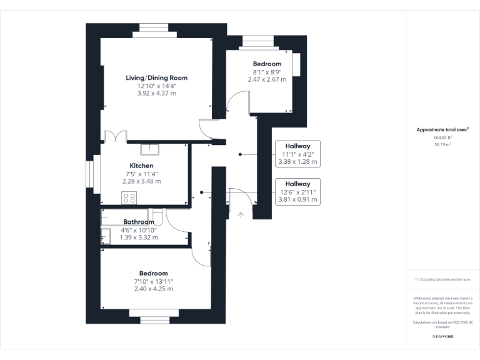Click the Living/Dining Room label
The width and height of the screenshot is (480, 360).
click(x=156, y=78)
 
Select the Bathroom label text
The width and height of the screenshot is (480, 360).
click(x=139, y=222)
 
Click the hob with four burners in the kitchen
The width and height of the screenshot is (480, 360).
click(x=129, y=198)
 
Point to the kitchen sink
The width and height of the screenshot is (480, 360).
click(x=149, y=149)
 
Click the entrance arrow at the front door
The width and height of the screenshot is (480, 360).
click(x=241, y=214)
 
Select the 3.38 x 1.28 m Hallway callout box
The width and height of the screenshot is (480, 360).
click(x=297, y=153)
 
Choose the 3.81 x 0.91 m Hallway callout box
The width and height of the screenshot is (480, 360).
click(x=297, y=192)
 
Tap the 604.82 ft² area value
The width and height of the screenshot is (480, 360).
click(x=442, y=137)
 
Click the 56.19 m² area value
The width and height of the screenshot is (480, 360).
click(x=442, y=144)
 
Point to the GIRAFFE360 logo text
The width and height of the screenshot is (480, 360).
click(x=442, y=337)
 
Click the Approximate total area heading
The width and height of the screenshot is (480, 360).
click(x=442, y=129)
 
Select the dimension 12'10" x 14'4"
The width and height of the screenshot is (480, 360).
click(x=156, y=86)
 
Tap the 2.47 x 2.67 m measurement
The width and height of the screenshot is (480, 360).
click(x=267, y=79)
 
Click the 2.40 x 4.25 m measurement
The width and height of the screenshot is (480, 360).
click(x=153, y=289)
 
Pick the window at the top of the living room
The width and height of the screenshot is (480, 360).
click(x=153, y=27)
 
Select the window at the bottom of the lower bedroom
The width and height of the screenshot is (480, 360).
click(x=153, y=320)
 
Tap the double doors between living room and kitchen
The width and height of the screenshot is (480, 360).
click(x=116, y=137)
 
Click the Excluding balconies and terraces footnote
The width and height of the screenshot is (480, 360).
click(x=442, y=279)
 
